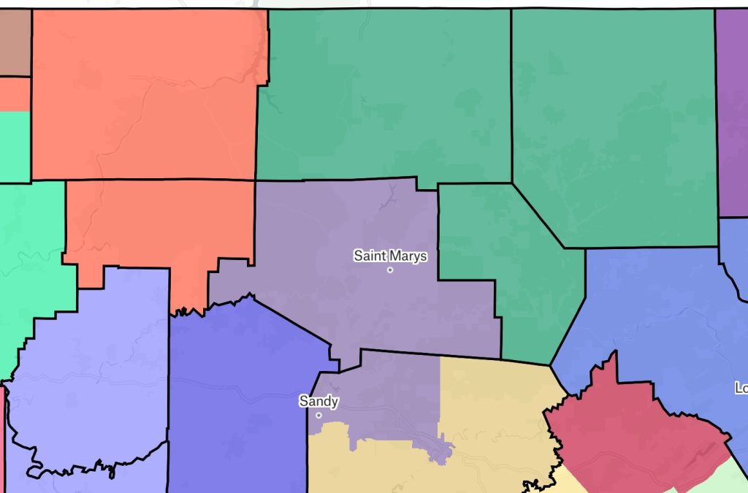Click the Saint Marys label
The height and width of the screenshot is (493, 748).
pyautogui.click(x=390, y=256)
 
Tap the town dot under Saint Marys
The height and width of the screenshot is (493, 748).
pyautogui.click(x=390, y=270)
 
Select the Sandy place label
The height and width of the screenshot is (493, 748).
pyautogui.click(x=318, y=401)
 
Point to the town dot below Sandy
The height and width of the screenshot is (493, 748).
pyautogui.click(x=318, y=416)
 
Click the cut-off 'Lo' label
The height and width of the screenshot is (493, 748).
pyautogui.click(x=741, y=388)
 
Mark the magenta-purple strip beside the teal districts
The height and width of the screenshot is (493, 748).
pyautogui.click(x=732, y=110)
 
